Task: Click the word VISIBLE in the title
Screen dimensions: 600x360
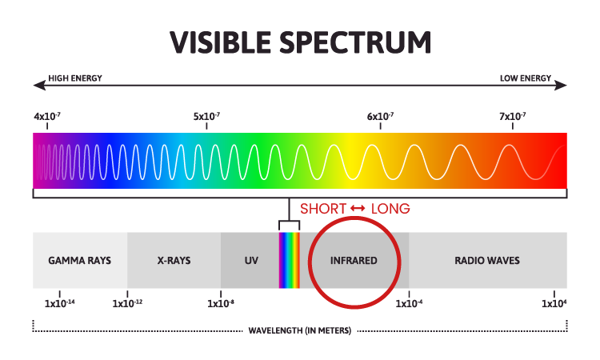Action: point(221,42)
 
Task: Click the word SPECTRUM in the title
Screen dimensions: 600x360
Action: point(355,42)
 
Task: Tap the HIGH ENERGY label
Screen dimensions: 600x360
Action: point(75,78)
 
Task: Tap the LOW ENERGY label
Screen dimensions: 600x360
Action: point(526,78)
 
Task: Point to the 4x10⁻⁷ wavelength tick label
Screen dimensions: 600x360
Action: point(47,116)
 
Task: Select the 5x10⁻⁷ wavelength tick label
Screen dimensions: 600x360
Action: point(206,116)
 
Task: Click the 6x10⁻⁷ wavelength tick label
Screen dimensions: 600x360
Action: point(380,116)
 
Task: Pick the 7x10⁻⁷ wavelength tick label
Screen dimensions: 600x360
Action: point(512,116)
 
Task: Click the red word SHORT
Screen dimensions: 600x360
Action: point(323,209)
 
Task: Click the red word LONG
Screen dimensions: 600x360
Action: point(390,209)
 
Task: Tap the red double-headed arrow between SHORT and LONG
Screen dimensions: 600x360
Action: point(358,209)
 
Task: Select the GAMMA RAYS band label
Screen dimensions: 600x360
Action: point(79,261)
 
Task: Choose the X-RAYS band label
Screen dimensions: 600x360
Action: point(174,261)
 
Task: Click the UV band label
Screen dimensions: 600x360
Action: point(251,261)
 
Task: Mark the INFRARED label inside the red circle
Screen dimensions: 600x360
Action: point(354,261)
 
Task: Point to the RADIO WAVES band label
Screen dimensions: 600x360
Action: point(487,261)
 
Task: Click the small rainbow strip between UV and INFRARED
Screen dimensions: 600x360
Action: point(290,260)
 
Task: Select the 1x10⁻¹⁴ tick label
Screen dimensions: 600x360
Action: point(60,303)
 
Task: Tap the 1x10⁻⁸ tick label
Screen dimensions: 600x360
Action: point(221,303)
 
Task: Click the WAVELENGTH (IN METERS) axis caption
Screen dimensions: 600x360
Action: point(300,330)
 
